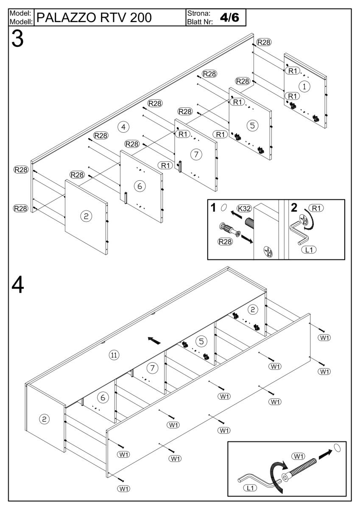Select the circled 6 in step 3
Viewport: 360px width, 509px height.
click(x=137, y=185)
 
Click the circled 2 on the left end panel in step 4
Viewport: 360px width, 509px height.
click(x=45, y=419)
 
